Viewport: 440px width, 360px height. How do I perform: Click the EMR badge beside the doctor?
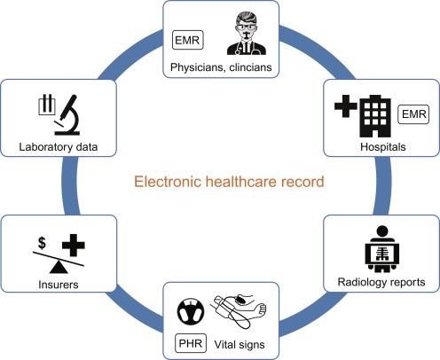(x=187, y=40)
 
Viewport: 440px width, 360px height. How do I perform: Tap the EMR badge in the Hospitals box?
(x=413, y=114)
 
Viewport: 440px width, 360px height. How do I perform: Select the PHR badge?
(x=191, y=343)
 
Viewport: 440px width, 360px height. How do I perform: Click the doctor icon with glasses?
(x=247, y=33)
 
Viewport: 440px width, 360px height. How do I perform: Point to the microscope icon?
(x=67, y=115)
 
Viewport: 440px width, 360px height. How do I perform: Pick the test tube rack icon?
(x=47, y=105)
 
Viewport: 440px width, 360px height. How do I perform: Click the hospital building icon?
(x=375, y=116)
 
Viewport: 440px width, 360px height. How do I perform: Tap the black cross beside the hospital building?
(x=346, y=106)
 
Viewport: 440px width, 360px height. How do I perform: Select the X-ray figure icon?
(x=382, y=249)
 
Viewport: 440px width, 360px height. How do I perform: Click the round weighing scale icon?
(x=191, y=311)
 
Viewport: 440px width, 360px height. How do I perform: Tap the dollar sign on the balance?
(x=42, y=243)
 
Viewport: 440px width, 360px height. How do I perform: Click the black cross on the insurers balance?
(x=74, y=245)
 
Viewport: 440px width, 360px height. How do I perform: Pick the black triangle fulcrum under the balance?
(x=59, y=268)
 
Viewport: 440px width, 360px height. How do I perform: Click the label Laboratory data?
(x=59, y=147)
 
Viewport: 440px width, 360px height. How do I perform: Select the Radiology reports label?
(x=381, y=282)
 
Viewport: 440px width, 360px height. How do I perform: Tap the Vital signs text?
(x=240, y=345)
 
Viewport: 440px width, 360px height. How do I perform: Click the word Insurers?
(x=59, y=285)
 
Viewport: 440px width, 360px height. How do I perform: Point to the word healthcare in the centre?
(x=241, y=181)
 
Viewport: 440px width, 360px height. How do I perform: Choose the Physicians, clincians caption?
(x=221, y=67)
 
